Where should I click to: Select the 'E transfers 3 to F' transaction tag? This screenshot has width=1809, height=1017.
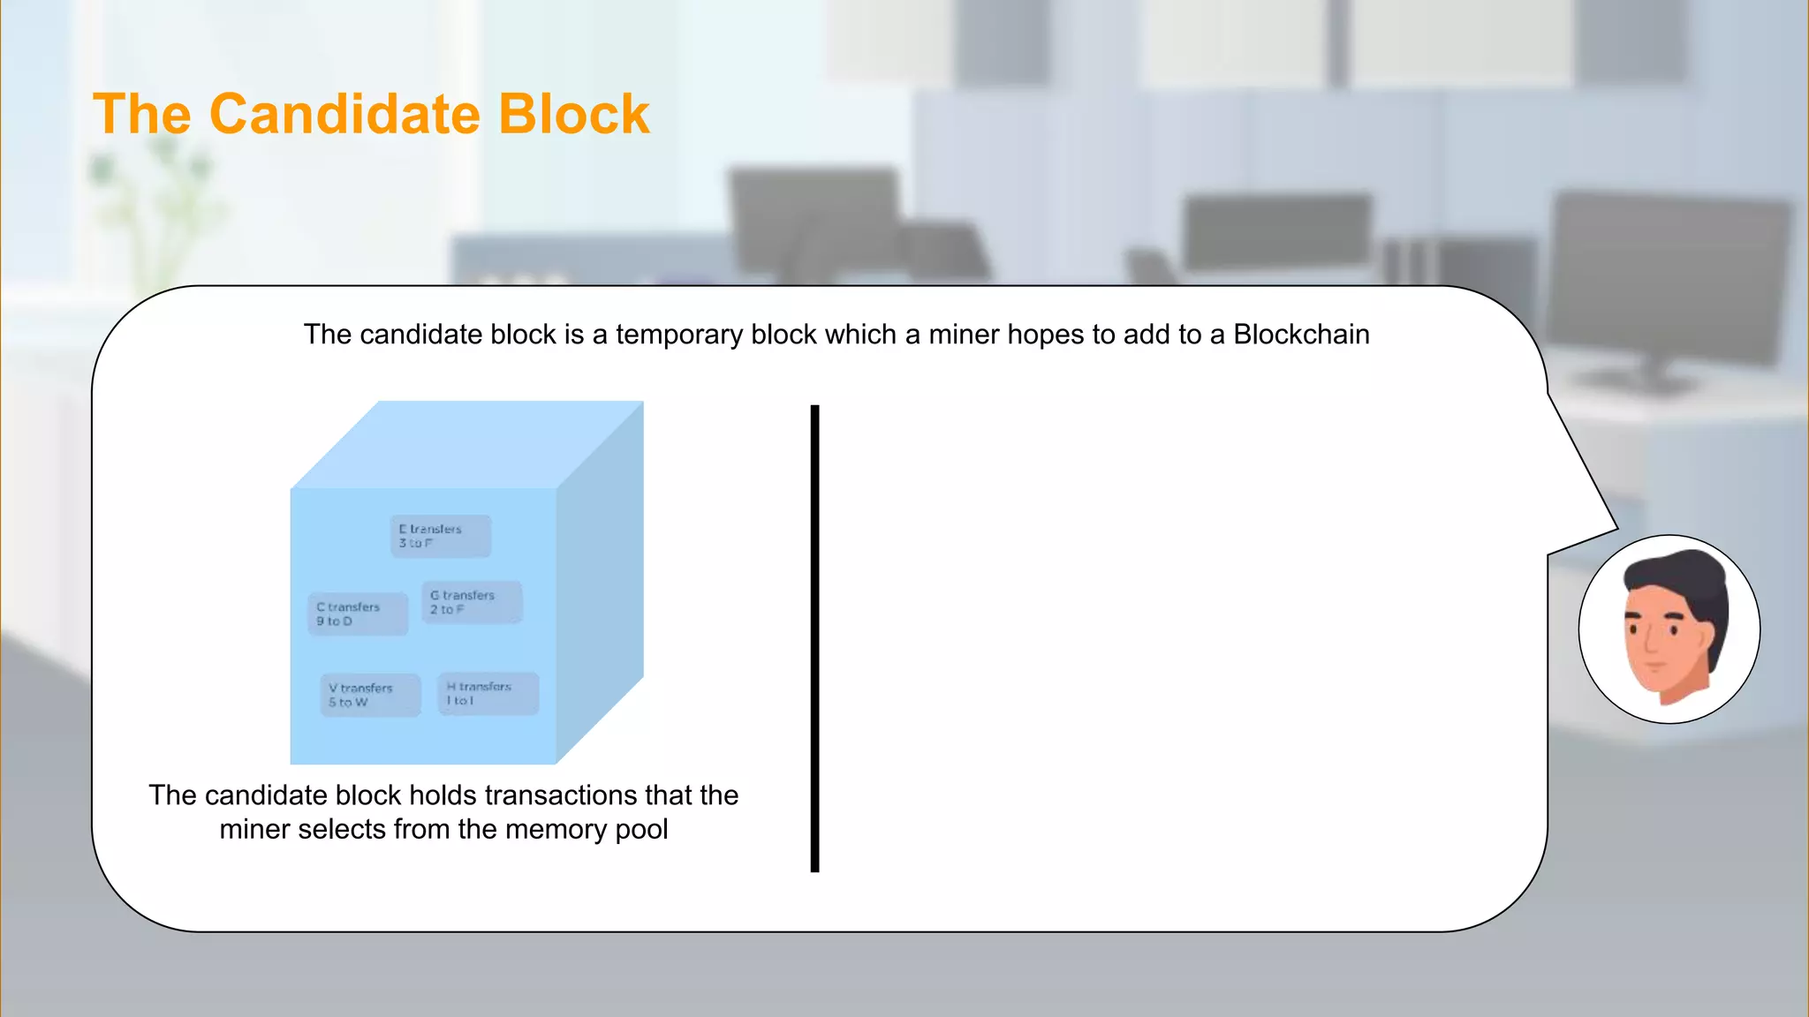[x=440, y=536]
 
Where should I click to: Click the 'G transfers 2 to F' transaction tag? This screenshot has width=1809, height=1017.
[x=472, y=602]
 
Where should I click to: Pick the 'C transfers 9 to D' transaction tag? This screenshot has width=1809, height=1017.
[x=358, y=614]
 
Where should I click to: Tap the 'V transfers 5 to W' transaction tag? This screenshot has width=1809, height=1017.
[x=369, y=695]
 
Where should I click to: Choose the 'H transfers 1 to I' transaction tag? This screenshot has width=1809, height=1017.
[x=488, y=693]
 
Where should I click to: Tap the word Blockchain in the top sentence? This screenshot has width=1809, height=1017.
[x=1301, y=335]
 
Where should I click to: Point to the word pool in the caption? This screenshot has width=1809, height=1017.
[x=641, y=830]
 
